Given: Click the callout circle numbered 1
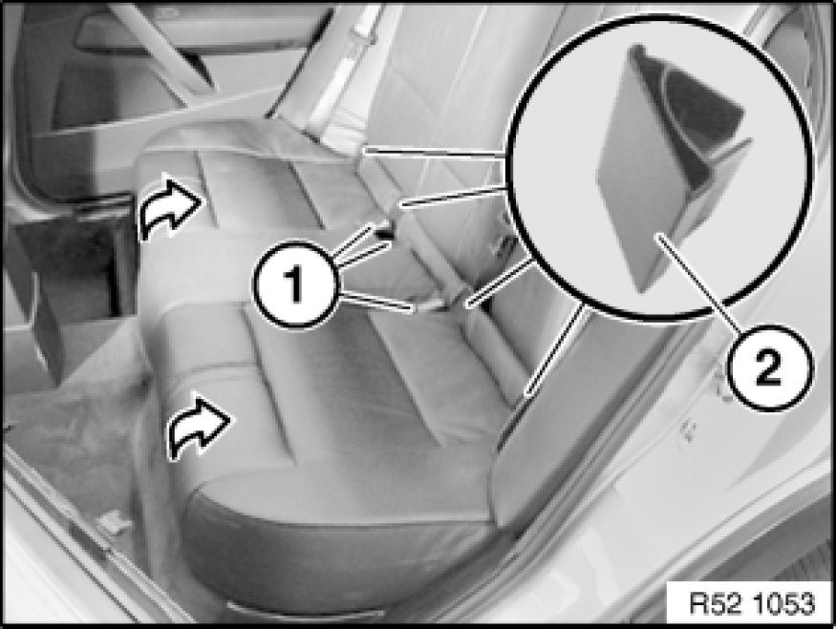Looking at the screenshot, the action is tap(295, 283).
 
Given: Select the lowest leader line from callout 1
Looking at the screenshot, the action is tap(375, 302).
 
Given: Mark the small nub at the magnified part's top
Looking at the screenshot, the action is tap(636, 51).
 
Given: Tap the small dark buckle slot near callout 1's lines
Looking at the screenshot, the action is tap(383, 232).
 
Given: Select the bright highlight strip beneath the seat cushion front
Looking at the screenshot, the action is tap(305, 610).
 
